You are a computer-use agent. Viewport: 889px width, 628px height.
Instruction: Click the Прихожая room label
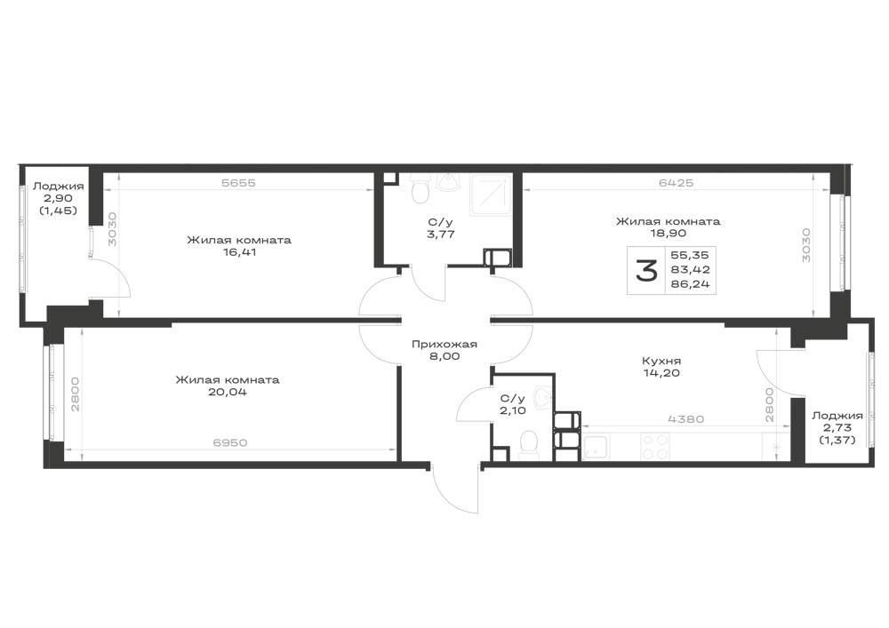click(444, 345)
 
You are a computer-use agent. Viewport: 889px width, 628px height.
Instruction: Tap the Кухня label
click(661, 361)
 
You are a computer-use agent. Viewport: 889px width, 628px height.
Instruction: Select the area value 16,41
click(239, 252)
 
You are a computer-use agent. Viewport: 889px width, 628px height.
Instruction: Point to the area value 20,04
click(228, 392)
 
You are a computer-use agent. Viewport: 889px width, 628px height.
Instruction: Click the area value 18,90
click(668, 234)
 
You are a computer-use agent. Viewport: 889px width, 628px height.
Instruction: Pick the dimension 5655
click(238, 183)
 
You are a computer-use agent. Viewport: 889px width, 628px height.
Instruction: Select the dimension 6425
click(676, 183)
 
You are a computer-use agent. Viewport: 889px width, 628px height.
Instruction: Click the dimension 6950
click(230, 442)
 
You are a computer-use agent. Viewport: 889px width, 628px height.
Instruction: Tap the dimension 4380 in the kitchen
click(686, 419)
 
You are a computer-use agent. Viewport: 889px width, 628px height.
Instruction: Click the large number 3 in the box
click(646, 271)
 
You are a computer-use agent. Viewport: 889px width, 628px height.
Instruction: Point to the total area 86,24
click(690, 284)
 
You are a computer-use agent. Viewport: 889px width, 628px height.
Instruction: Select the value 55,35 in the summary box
click(690, 256)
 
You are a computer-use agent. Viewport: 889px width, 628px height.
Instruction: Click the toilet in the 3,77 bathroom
click(420, 188)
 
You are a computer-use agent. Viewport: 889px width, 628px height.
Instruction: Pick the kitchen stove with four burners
click(654, 446)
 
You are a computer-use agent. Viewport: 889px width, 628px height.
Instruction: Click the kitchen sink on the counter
click(597, 447)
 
